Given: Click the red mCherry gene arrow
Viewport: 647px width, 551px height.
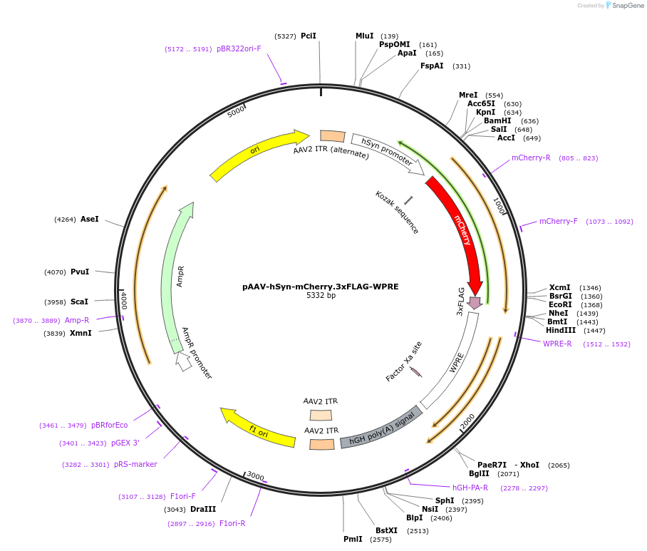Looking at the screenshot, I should [460, 228].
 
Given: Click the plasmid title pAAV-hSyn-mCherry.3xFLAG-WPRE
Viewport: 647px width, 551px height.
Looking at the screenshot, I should [320, 287].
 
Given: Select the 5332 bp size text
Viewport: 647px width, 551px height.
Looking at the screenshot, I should [321, 296].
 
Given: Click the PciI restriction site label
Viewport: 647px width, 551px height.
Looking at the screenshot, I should [308, 36].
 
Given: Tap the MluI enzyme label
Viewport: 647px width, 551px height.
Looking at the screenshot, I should [364, 36].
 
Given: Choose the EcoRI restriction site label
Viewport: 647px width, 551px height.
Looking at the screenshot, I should [561, 304].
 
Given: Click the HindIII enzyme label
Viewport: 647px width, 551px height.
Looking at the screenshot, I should [561, 330].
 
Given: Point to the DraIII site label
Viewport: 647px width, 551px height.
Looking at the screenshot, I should [203, 509].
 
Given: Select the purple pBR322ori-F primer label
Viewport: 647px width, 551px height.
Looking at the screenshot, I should [239, 48].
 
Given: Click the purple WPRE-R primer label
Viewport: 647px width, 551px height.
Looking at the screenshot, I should [557, 344].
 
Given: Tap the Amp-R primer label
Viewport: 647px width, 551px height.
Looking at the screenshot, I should [77, 320].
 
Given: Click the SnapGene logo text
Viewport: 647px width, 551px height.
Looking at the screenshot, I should [627, 6].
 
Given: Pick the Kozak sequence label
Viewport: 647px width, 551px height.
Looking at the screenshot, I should [397, 212].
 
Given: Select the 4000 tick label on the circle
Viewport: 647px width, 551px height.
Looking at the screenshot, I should [123, 299].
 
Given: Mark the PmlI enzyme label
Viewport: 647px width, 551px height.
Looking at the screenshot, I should [353, 539].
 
